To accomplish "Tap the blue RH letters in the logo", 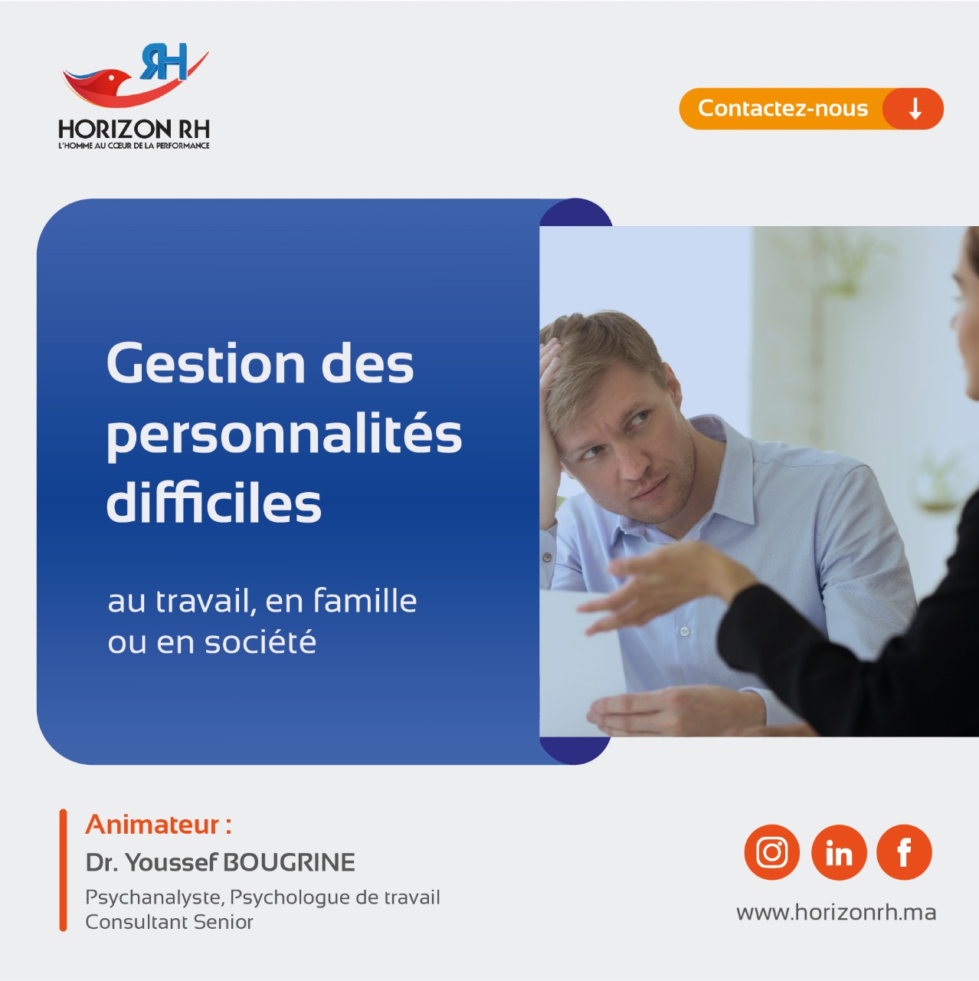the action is [164, 61].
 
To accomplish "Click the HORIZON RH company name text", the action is [134, 130].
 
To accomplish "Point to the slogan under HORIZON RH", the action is [134, 146].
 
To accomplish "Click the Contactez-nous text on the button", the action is [783, 108].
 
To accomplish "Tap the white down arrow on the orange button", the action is [915, 108].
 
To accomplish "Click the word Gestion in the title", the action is [206, 363].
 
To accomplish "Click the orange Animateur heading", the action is [159, 824].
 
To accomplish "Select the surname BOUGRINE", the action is [289, 862].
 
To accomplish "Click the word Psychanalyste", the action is [155, 897].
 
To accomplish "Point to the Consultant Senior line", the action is [169, 922].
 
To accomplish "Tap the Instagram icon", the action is [772, 852].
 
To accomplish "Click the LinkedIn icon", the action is [839, 852].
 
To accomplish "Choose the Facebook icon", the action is [904, 852].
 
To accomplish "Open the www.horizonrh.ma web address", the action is [836, 912].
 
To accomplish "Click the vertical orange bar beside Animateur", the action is [63, 870].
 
